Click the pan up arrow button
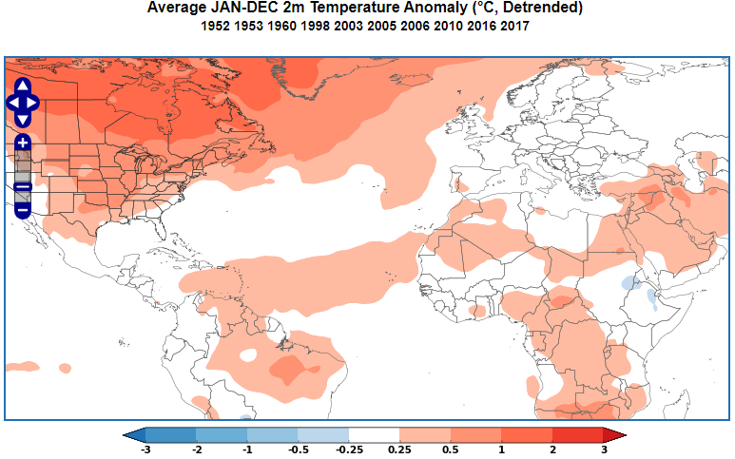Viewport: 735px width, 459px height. [x=23, y=86]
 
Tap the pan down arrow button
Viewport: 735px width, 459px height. [x=23, y=120]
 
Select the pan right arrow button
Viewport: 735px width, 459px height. [x=33, y=103]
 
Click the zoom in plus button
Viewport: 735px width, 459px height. [x=23, y=143]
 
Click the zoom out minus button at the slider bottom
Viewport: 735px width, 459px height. [x=23, y=208]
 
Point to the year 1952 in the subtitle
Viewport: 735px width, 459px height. [x=217, y=27]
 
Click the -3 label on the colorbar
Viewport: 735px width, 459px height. [x=145, y=449]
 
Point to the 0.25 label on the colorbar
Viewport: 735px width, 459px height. [x=400, y=449]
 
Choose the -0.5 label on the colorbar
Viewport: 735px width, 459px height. [x=299, y=449]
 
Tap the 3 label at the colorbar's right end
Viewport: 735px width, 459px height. [x=604, y=449]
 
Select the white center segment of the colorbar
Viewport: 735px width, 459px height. [x=375, y=435]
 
